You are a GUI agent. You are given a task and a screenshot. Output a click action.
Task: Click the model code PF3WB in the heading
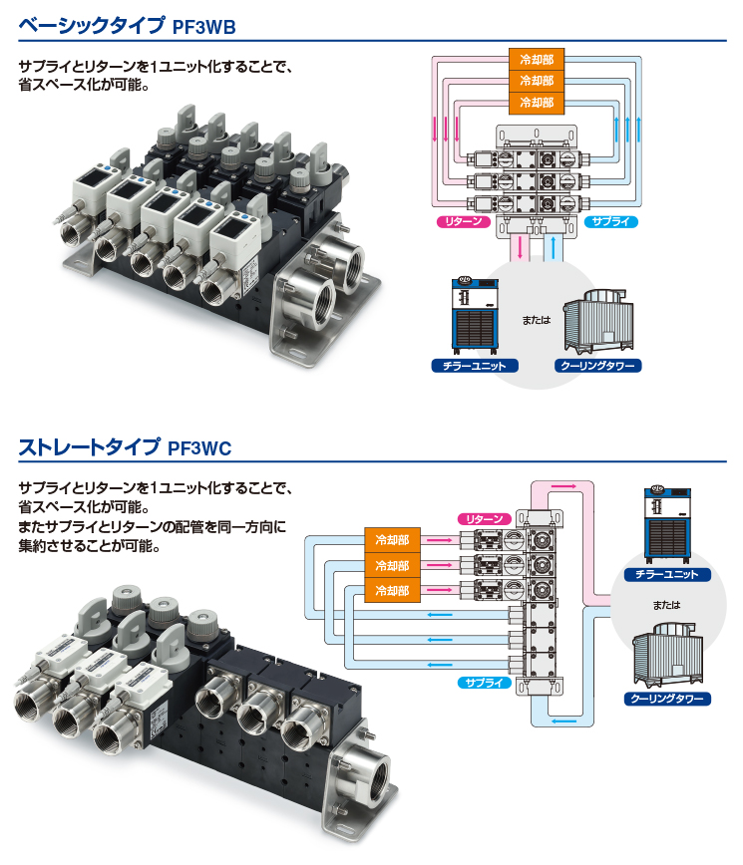point(203,27)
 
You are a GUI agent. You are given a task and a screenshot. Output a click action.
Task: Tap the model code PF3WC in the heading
point(199,448)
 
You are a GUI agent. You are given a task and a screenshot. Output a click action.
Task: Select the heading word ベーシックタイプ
point(92,25)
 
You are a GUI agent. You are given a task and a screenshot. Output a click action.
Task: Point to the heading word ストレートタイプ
point(90,446)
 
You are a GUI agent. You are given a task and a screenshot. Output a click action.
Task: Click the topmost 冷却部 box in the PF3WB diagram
point(537,59)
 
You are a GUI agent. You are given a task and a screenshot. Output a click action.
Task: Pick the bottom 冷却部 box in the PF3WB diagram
point(537,104)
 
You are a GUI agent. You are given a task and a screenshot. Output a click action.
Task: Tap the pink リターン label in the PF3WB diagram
point(463,222)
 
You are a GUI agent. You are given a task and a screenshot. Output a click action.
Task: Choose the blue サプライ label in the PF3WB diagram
point(611,222)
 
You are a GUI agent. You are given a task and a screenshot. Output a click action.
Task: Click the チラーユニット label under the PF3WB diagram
point(475,366)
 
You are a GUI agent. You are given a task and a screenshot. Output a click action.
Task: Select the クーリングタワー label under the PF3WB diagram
point(598,366)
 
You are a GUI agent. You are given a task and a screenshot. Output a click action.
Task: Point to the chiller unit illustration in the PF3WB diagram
point(475,316)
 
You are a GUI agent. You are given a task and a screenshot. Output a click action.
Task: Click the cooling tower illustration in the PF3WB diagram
point(598,321)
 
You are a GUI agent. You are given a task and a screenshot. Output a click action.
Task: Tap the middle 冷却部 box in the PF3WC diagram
point(393,565)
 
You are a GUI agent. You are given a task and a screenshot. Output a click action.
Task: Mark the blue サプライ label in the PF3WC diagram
point(484,683)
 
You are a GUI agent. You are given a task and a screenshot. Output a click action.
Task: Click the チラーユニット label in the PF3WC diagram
point(667,574)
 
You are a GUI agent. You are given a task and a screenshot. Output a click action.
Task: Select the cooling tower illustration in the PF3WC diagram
point(668,656)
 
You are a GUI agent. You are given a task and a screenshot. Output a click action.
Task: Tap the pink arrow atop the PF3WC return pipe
point(563,486)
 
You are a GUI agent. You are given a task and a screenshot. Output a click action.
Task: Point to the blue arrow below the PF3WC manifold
point(563,721)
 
